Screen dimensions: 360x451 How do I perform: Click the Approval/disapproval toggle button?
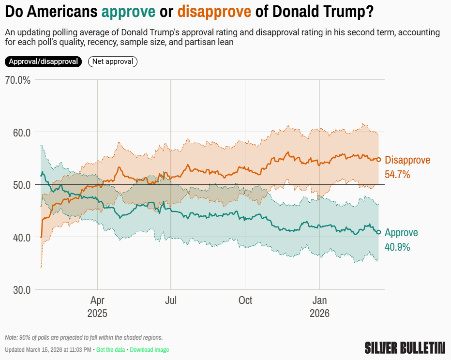44,62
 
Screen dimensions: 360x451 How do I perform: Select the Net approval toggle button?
113,62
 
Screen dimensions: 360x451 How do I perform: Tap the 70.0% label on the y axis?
18,80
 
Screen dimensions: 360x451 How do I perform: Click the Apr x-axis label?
97,300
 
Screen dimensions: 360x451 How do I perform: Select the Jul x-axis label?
171,300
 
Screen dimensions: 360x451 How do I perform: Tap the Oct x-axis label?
245,300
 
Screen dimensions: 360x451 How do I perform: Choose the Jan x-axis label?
319,300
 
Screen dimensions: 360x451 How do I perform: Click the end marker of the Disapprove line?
379,160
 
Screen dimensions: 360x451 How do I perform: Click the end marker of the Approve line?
379,232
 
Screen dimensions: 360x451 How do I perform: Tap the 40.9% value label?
397,247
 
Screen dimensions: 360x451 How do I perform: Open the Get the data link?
111,350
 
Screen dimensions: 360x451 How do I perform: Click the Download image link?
150,350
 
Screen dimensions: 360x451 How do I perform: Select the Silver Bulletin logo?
405,347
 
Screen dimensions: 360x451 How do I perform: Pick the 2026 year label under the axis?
319,314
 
